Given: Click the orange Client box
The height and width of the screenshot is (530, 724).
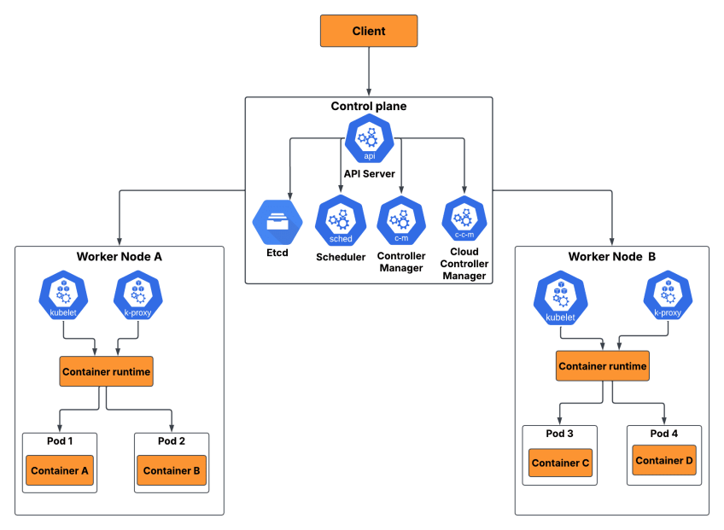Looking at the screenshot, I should coord(369,31).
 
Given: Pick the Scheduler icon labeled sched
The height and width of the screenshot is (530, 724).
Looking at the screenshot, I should coord(340,220).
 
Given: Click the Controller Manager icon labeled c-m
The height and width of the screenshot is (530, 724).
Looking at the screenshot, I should coord(401,220).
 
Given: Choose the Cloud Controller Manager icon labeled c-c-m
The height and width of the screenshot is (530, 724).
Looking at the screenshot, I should coord(464,219).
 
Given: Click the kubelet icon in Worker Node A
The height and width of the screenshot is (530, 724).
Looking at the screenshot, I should coord(64,294).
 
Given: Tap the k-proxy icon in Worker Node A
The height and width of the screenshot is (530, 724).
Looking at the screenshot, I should coord(138,294).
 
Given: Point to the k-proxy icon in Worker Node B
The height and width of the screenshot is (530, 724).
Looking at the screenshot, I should coord(668,295).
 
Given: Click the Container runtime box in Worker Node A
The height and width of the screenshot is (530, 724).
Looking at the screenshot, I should coord(107,372).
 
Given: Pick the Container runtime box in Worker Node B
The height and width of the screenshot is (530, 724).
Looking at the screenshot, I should coord(602,366).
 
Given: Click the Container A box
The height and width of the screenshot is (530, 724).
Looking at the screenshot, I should coord(60,470).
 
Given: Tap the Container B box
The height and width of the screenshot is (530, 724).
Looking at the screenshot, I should coord(172,470).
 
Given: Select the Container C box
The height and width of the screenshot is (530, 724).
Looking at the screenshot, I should coord(560,463).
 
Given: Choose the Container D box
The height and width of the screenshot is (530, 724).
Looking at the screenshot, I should coord(664,461).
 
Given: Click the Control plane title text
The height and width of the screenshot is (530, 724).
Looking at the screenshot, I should coord(369,107).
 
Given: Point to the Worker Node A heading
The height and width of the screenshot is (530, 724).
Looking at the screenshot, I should coord(120,256).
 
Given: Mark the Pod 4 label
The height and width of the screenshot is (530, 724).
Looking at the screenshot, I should coord(663,434).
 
